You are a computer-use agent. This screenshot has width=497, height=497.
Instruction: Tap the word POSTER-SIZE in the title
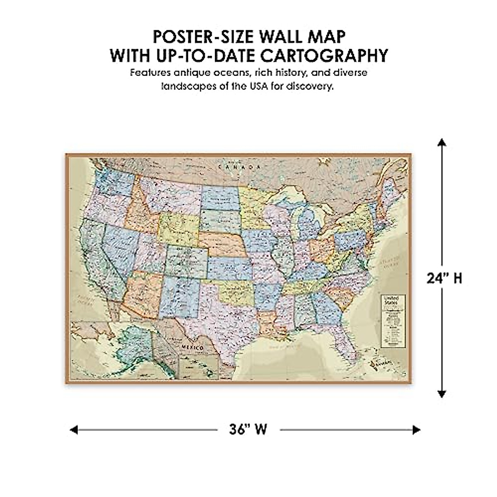[203, 36]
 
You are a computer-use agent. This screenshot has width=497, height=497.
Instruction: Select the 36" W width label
[248, 429]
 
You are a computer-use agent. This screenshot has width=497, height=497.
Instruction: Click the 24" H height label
[444, 278]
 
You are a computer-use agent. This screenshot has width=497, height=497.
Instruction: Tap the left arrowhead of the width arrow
[74, 430]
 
